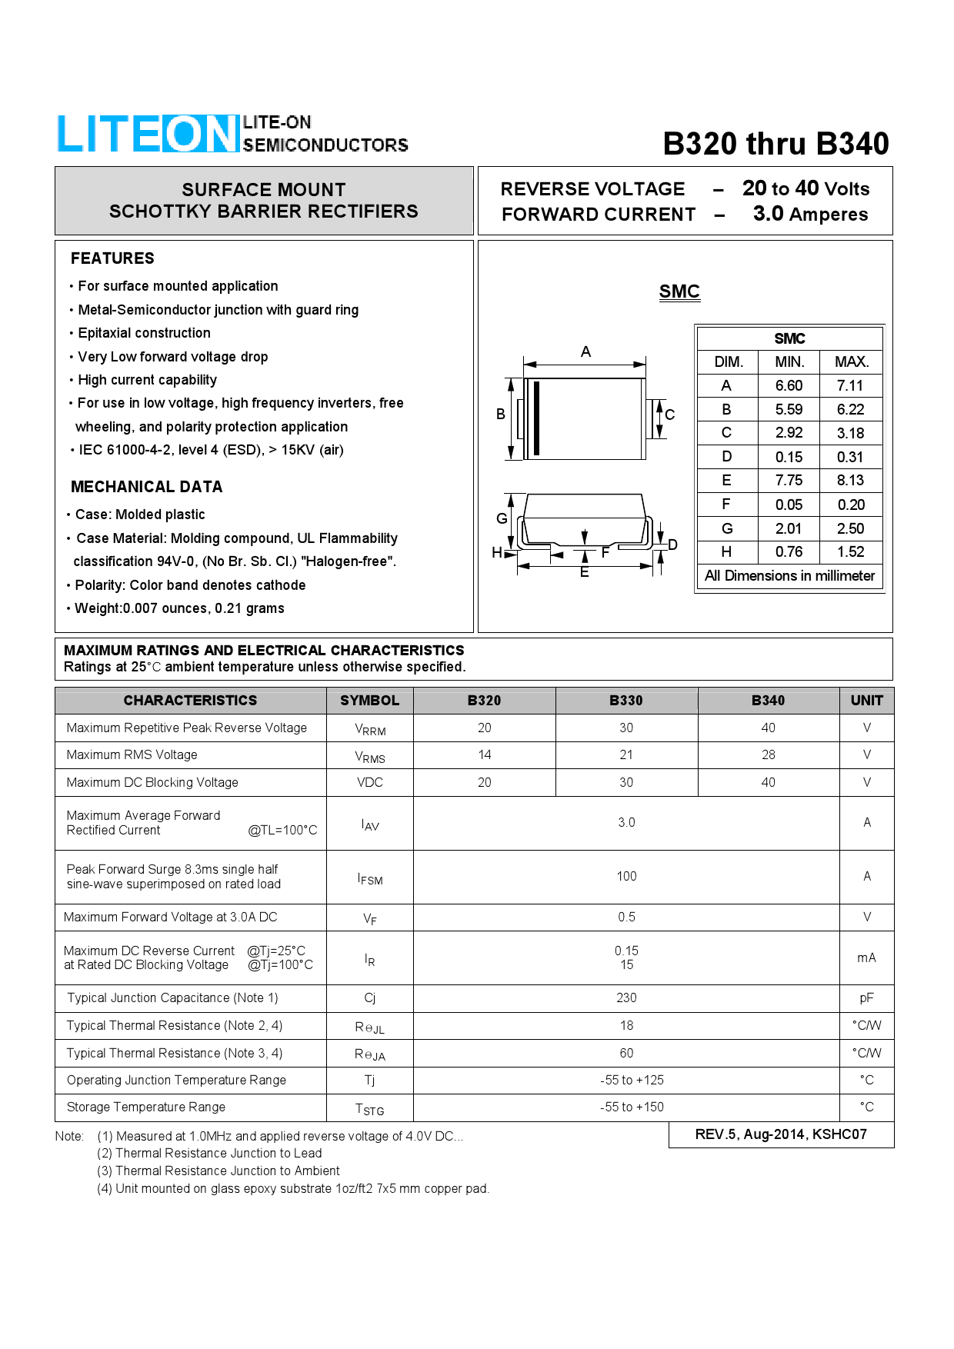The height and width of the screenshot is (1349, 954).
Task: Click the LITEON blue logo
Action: coord(148,134)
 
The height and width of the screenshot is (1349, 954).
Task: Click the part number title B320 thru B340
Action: coord(776,144)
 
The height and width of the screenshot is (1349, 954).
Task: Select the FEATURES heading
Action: coord(112,258)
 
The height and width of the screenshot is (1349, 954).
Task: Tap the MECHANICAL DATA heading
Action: coord(146,487)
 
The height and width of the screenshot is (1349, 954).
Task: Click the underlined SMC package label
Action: coord(679,291)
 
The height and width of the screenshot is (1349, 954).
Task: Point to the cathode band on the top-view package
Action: coord(536,418)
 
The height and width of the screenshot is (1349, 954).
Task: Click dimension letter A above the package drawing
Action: coord(585,352)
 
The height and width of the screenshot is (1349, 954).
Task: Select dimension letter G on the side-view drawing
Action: coord(502,518)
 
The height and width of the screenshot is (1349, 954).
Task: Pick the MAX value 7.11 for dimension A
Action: coord(850,385)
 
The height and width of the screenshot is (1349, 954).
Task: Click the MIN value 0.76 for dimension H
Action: coord(789,551)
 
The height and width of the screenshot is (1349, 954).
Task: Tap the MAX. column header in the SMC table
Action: coord(852,361)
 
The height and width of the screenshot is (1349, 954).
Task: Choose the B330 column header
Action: coord(626,701)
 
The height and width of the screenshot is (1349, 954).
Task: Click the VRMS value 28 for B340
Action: coord(768,754)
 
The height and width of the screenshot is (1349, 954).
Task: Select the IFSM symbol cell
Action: coord(370,878)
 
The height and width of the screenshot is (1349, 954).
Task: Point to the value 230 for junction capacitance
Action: coord(626,998)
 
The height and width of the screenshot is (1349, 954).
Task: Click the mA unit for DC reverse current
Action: coord(866,958)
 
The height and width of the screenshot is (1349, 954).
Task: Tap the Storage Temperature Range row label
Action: coord(146,1107)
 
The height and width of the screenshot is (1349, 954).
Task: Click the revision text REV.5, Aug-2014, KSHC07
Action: coord(781,1134)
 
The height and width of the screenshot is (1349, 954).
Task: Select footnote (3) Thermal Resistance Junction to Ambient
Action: coord(218,1171)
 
